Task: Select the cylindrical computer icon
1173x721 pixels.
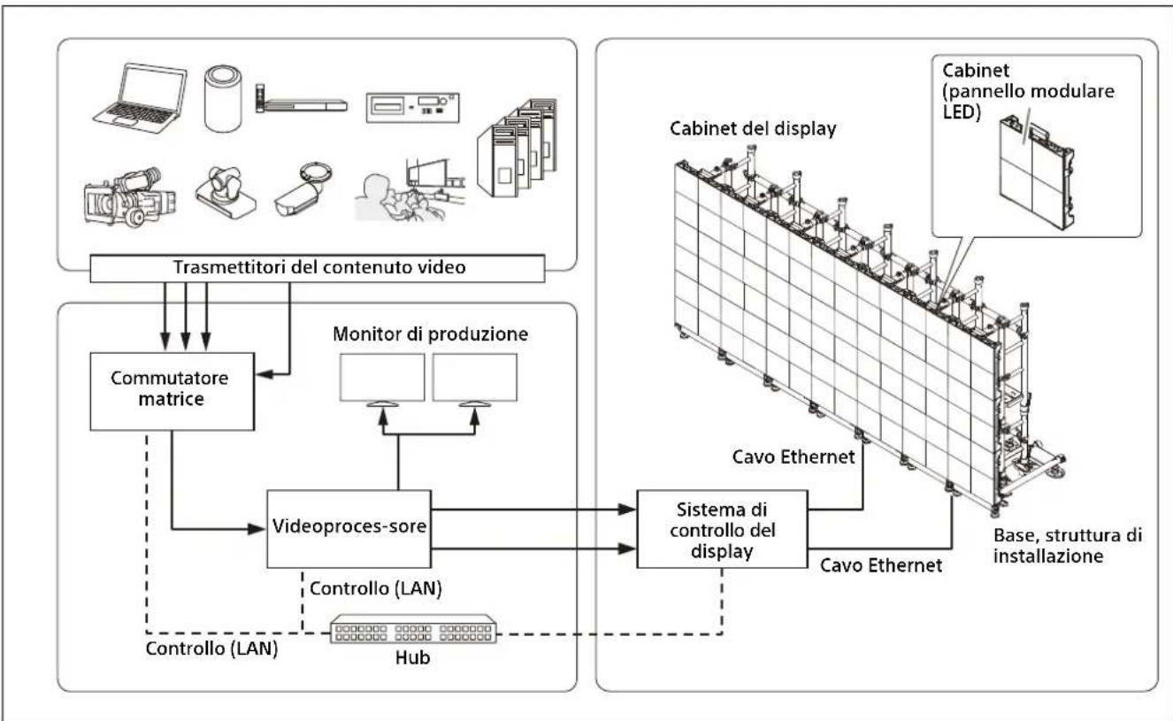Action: click(x=223, y=98)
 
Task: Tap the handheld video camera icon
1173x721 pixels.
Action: click(x=129, y=197)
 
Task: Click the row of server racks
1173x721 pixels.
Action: click(x=517, y=148)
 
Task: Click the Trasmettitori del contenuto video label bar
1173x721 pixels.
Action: click(x=318, y=268)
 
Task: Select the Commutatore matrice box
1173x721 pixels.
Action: click(x=172, y=392)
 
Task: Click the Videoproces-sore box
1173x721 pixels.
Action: click(x=349, y=529)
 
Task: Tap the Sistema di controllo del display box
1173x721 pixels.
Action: click(x=722, y=529)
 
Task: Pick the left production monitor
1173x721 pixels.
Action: click(x=382, y=378)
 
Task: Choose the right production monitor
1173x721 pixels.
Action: click(x=475, y=378)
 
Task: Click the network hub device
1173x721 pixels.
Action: click(x=413, y=629)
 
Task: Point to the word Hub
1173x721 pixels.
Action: click(x=412, y=657)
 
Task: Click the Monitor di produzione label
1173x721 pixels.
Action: click(x=431, y=334)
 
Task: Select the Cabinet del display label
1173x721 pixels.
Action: click(x=753, y=129)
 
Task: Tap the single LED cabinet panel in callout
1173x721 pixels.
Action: click(x=1037, y=173)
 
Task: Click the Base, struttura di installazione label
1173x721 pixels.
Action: click(x=1067, y=546)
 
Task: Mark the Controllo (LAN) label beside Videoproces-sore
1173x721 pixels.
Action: click(x=376, y=588)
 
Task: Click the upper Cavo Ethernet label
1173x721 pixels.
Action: click(x=793, y=457)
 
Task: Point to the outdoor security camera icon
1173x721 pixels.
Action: click(x=303, y=189)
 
